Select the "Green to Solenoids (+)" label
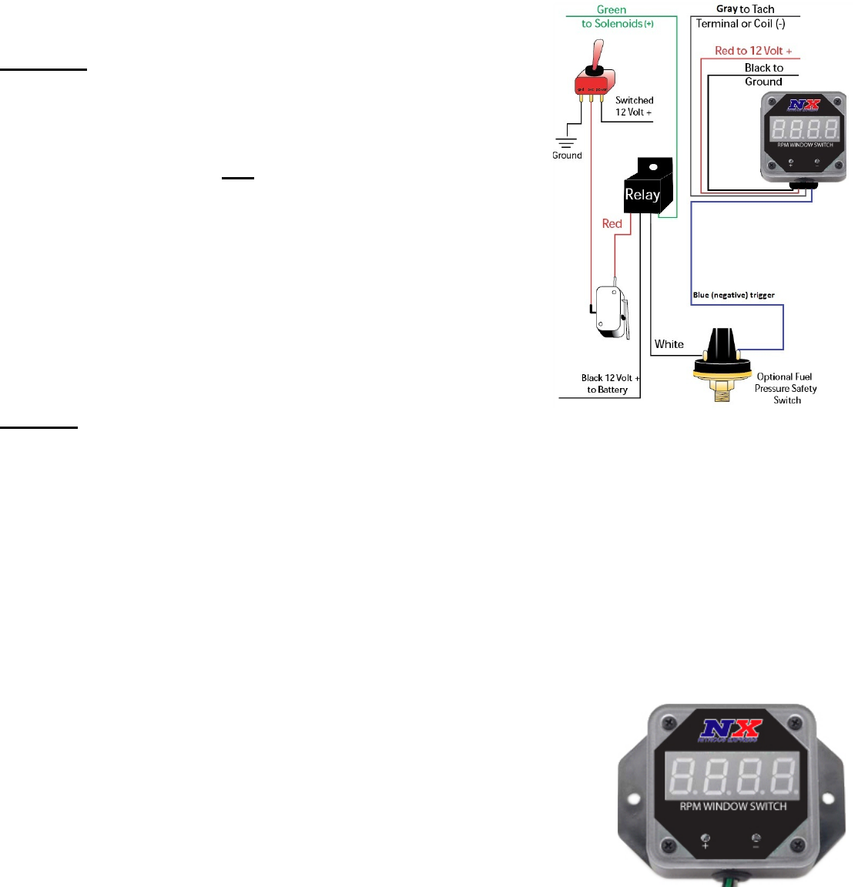click(616, 17)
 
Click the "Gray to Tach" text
click(745, 9)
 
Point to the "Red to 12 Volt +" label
click(752, 51)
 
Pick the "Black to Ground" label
click(763, 75)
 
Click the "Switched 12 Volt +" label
click(634, 106)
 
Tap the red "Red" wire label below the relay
click(612, 224)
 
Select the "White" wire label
click(669, 344)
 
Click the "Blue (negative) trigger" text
click(733, 295)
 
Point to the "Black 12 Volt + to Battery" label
click(609, 383)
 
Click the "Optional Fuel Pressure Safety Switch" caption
click(786, 388)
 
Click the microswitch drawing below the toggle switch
click(611, 312)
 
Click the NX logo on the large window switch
click(729, 729)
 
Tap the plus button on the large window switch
click(706, 840)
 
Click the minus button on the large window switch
click(756, 840)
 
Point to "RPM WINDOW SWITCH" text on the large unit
click(732, 806)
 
